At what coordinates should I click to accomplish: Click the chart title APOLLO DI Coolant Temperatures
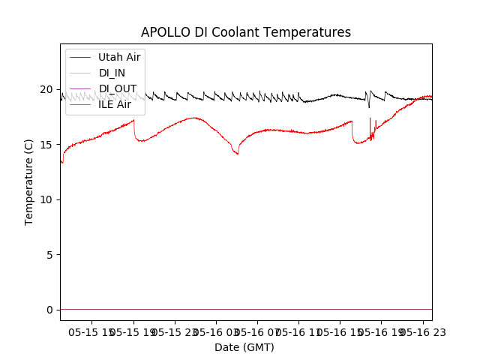tap(246, 32)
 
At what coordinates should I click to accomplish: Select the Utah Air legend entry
tap(119, 57)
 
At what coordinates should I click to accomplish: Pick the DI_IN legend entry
tap(112, 73)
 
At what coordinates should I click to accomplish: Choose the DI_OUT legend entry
tap(117, 88)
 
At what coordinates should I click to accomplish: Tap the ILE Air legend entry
tap(115, 104)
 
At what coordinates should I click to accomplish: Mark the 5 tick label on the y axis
tap(50, 255)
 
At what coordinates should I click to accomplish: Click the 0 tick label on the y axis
tap(50, 310)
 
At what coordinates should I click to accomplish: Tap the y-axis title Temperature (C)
tap(29, 181)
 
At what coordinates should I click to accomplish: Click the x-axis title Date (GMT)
tap(244, 347)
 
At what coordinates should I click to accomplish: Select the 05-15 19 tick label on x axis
tap(133, 331)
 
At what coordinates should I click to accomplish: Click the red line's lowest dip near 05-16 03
tap(238, 154)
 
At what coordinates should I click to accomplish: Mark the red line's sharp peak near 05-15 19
tap(133, 120)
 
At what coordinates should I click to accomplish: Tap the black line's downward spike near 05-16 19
tap(369, 107)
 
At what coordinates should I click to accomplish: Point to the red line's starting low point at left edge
tap(62, 162)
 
